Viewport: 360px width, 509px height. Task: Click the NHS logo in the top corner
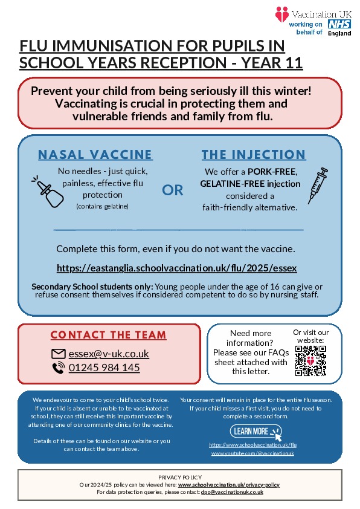339,24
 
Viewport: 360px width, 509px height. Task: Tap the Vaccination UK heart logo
281,14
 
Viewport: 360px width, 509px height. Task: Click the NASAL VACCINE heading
95,155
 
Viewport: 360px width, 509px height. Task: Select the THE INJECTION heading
254,155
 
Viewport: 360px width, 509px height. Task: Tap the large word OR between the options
173,190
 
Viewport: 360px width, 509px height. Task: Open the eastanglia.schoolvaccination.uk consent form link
177,267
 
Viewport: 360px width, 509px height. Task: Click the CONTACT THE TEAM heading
109,335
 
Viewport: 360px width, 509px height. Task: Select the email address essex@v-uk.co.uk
109,354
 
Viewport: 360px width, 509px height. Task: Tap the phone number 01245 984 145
104,368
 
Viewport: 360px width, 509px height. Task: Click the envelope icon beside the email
59,354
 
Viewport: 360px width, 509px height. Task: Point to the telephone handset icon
59,368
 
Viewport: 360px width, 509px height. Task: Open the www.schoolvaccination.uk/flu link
252,444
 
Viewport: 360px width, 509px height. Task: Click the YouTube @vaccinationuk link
252,453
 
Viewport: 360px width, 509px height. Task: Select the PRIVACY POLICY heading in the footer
180,478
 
